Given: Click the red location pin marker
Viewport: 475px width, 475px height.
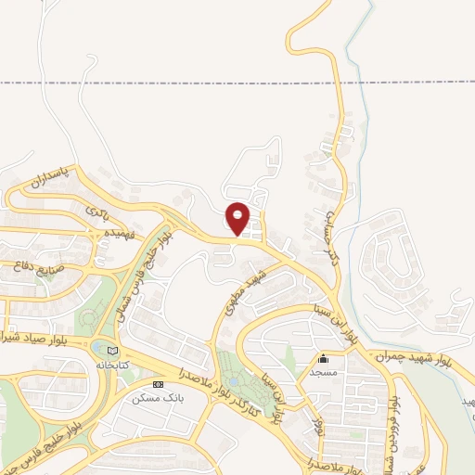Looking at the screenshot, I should pyautogui.click(x=238, y=218).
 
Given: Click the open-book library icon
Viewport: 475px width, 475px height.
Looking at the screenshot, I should pyautogui.click(x=112, y=351).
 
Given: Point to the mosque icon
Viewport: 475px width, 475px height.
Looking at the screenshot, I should pyautogui.click(x=323, y=359).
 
